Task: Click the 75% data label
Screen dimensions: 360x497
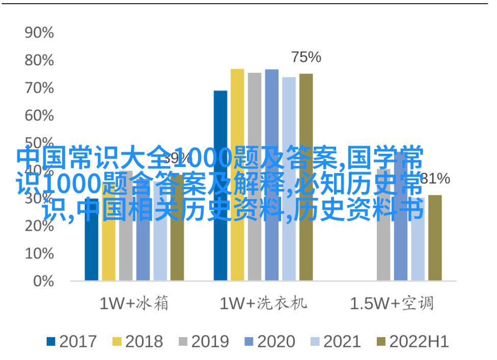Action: click(x=306, y=58)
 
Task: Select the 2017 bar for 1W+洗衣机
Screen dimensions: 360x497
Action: click(x=220, y=185)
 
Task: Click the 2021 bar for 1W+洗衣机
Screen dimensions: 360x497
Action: click(x=289, y=179)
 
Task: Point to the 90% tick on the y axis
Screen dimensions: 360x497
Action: click(x=39, y=33)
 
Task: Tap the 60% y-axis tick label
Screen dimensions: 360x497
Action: click(x=39, y=116)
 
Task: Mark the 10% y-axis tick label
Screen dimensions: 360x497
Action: click(x=39, y=253)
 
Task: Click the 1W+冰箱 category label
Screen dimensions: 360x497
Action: click(x=134, y=304)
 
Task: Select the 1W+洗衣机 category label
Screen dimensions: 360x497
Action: click(x=263, y=304)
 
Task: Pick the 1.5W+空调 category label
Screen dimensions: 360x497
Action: click(x=392, y=304)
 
